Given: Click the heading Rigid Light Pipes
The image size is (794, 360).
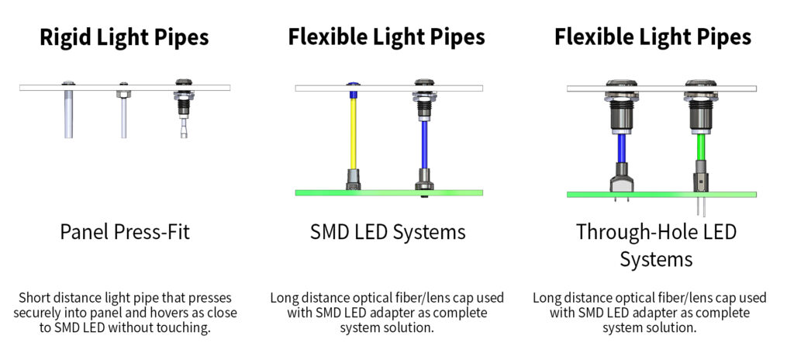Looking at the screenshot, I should [125, 36].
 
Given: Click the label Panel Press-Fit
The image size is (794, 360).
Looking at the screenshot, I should [125, 231].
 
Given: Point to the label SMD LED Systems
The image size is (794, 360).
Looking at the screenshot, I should [388, 231].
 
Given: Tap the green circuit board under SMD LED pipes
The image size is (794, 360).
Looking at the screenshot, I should [388, 192].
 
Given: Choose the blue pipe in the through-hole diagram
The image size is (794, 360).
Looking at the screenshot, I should [621, 148].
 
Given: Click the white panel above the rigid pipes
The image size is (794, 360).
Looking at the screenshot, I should [125, 88].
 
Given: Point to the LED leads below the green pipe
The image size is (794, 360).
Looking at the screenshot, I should [701, 206].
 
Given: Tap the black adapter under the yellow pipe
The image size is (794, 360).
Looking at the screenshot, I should [353, 178].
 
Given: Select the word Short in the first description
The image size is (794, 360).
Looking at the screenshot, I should [36, 298].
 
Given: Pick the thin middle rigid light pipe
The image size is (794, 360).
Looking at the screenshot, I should [123, 116].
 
